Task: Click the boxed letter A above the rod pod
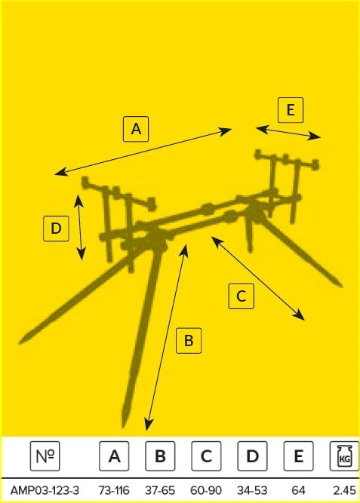coord(136,129)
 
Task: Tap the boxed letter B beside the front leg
coord(189,340)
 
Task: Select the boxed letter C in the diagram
coord(242,296)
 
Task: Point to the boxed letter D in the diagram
coord(56,228)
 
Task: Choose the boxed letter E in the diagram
coord(291,110)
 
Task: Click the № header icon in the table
coord(45,456)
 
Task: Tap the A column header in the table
coord(114,456)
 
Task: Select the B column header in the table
coord(160,456)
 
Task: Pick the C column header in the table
coord(206,456)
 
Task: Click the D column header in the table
coord(252,456)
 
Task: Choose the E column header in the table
coord(298,456)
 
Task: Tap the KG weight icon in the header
coord(345,456)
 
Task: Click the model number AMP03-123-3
coord(45,490)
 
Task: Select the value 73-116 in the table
coord(114,490)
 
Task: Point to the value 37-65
coord(160,490)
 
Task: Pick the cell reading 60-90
coord(206,490)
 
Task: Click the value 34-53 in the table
coord(252,490)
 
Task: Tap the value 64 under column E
coord(298,490)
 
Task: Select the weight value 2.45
coord(345,490)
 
